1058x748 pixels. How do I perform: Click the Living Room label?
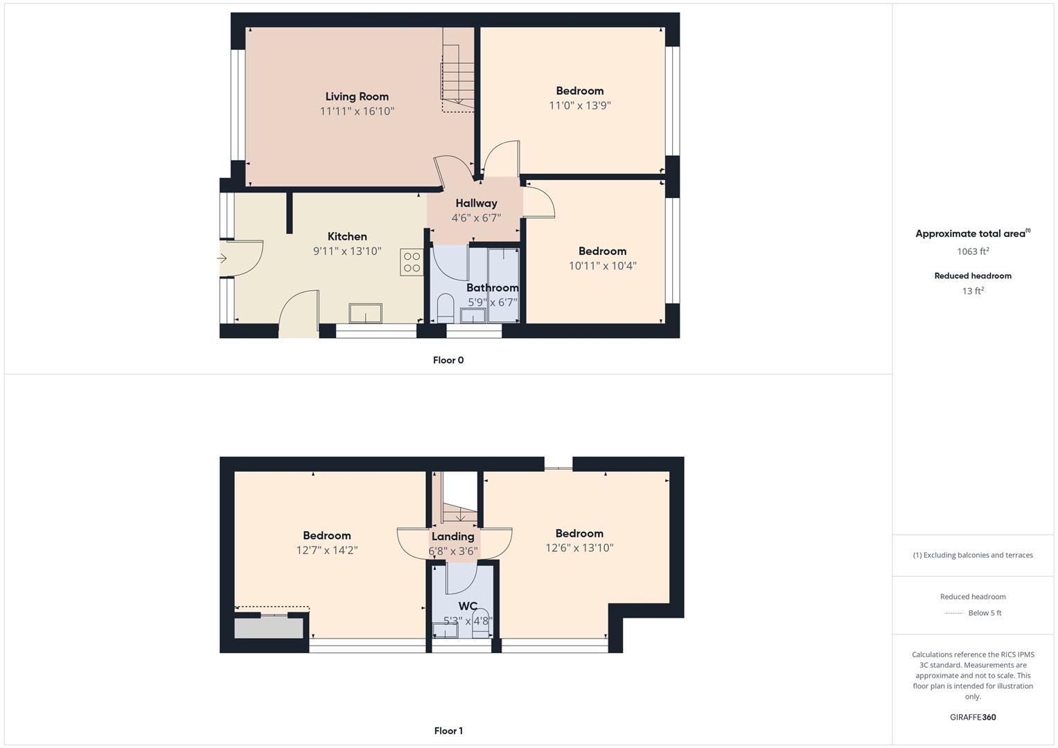(357, 96)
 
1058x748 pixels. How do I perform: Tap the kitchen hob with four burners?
(412, 262)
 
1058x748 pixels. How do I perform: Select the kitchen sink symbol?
(365, 314)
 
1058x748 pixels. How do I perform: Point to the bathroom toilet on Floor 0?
(446, 308)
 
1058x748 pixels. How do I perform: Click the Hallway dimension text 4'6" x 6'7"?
(476, 217)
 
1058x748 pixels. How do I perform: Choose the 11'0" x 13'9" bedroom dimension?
(579, 105)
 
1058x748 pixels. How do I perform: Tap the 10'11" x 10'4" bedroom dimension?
(602, 266)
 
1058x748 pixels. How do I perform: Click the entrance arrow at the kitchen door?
(222, 258)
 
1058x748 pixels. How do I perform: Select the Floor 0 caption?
(448, 360)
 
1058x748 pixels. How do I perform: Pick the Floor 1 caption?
(448, 731)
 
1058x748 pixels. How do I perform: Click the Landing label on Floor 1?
(453, 537)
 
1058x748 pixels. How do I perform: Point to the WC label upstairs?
(468, 606)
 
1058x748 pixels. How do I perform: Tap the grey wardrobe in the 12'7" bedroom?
(269, 629)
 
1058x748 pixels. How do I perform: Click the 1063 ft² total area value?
(973, 251)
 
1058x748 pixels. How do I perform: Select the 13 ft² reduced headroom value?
(973, 291)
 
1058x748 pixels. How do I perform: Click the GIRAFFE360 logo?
(973, 718)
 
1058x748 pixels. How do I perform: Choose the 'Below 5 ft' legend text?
(985, 613)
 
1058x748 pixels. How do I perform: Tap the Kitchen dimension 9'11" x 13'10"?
(347, 251)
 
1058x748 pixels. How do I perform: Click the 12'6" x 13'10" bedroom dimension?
(579, 548)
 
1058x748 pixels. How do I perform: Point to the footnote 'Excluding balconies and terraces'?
(978, 555)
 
